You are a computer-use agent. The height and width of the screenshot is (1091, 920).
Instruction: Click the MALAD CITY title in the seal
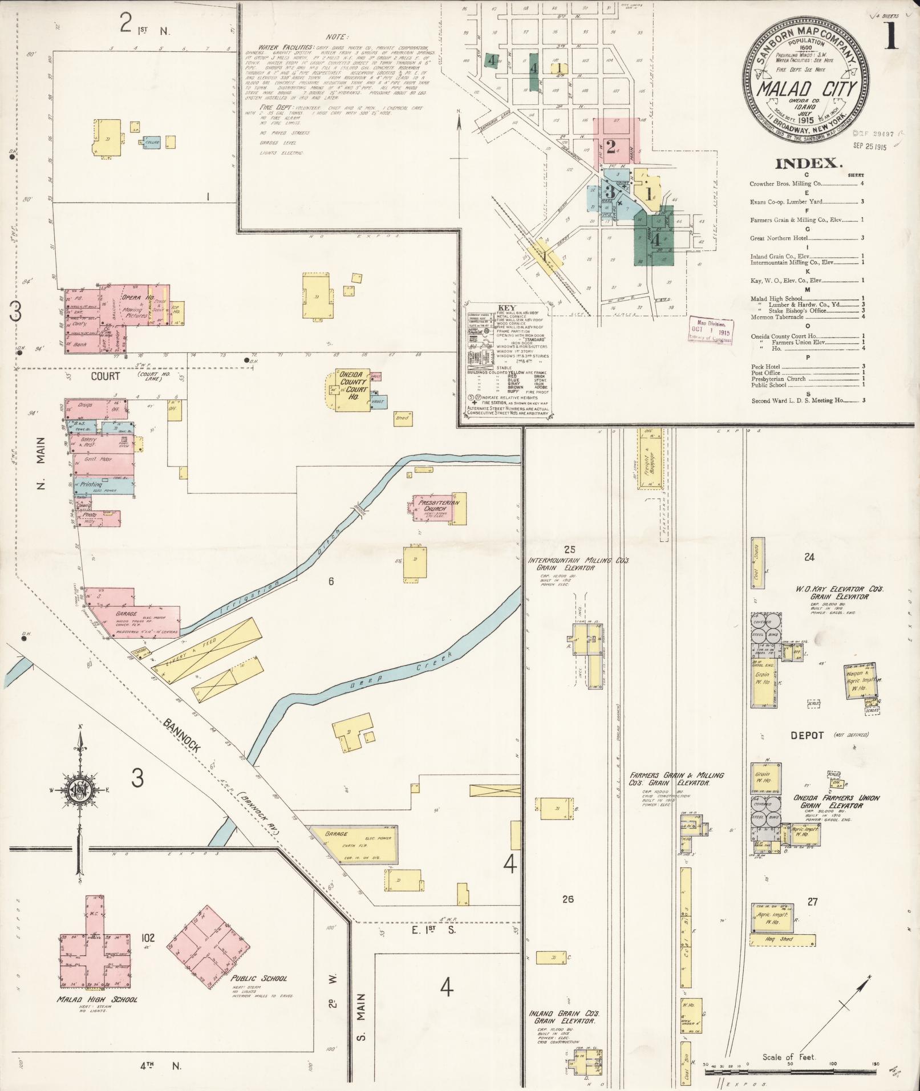(806, 89)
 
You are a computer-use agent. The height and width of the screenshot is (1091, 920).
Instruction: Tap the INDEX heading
(808, 164)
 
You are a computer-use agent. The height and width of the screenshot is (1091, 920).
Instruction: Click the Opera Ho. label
(137, 298)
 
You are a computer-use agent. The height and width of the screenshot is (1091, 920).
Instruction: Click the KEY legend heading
(507, 307)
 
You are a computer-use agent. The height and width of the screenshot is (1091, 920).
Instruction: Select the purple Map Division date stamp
(710, 330)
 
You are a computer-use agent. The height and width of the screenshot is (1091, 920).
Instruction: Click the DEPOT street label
(807, 735)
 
